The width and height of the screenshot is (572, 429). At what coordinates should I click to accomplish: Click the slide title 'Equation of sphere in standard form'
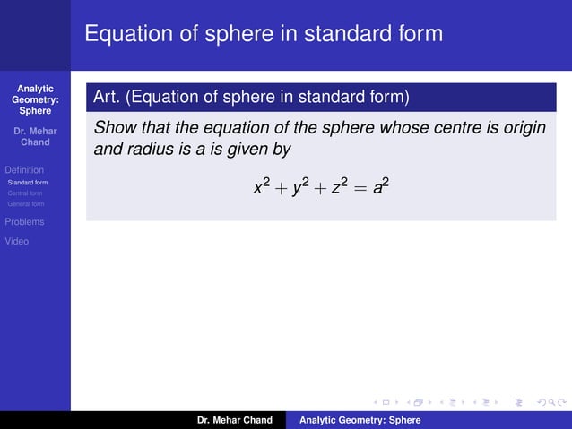coord(264,34)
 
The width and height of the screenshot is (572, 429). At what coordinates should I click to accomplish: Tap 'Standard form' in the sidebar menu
coord(28,182)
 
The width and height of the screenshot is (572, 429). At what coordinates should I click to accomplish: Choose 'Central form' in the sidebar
coord(25,193)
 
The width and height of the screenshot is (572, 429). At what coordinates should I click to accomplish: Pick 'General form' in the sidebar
coord(26,203)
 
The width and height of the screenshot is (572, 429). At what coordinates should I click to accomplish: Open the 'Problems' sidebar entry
coord(24,221)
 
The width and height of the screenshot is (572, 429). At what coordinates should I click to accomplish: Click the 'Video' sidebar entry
coord(17,241)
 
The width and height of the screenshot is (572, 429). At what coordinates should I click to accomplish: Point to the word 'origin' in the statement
coord(524,127)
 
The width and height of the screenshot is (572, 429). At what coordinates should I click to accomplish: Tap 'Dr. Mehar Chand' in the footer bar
coord(235,420)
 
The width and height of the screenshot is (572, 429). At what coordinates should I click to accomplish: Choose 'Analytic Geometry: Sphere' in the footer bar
coord(360,420)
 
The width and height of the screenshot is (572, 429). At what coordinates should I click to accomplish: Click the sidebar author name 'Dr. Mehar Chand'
coord(35,137)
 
